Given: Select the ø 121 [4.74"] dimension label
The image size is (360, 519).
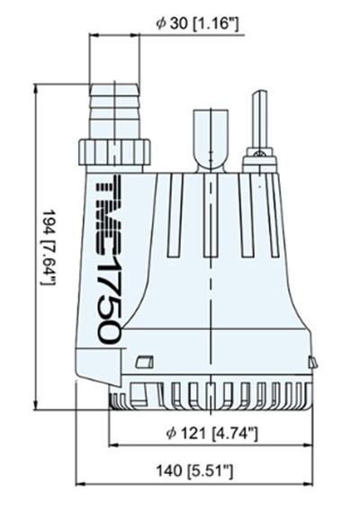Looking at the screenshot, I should click(212, 434).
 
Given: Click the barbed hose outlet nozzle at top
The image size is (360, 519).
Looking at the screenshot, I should click(116, 108).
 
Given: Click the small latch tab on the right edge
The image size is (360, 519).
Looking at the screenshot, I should click(312, 362).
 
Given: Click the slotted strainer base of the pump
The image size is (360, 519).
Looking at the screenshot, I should click(211, 397).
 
